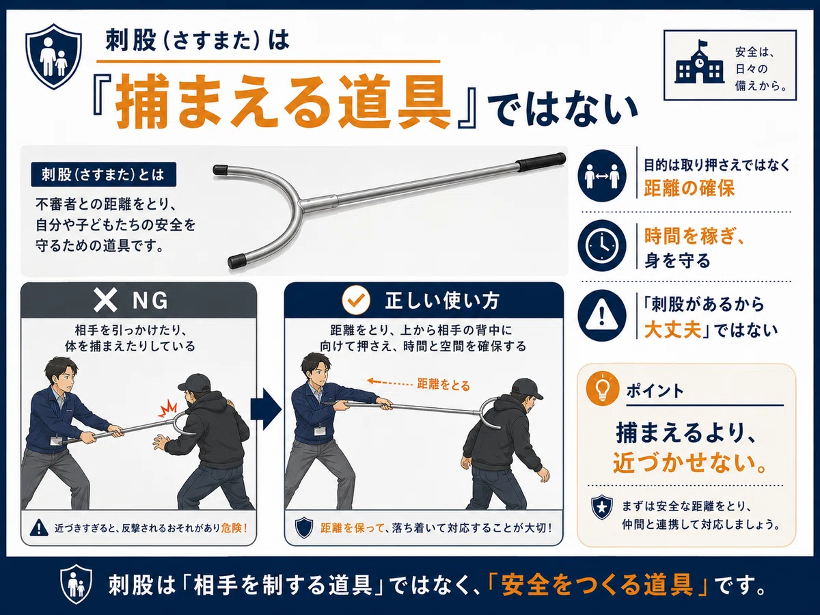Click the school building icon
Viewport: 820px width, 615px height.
(x=698, y=66)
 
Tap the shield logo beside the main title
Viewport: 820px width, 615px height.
(x=54, y=57)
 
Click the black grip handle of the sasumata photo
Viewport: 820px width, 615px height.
(x=541, y=162)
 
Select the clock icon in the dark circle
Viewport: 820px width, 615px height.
(x=601, y=245)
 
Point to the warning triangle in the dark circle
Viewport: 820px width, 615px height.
(x=601, y=316)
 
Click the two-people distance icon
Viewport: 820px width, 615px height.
(x=601, y=176)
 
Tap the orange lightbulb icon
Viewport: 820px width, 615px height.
(x=603, y=389)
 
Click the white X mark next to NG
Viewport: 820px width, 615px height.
(x=106, y=301)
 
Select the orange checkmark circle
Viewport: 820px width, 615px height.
(x=355, y=301)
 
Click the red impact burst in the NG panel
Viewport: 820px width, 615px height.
(x=168, y=408)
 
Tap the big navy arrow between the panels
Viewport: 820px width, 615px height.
(x=266, y=409)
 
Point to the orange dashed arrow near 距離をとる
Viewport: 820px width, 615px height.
(x=389, y=382)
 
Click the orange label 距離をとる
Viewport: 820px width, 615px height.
(x=443, y=385)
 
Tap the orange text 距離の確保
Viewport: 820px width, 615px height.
(x=689, y=188)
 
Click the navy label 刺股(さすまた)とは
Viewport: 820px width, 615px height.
(x=103, y=174)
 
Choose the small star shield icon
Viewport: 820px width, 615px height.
(x=602, y=508)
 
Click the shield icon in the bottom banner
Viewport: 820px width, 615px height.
(x=77, y=584)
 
